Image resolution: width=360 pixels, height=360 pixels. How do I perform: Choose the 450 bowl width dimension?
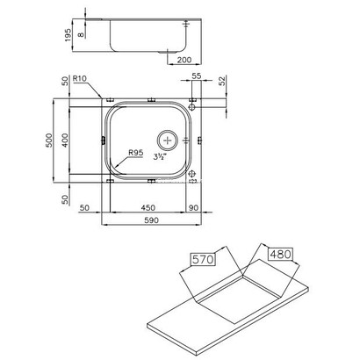point(148,210)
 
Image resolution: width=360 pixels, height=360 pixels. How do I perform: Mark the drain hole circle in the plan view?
point(168,139)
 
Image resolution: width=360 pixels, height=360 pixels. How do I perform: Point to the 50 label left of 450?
point(85,210)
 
